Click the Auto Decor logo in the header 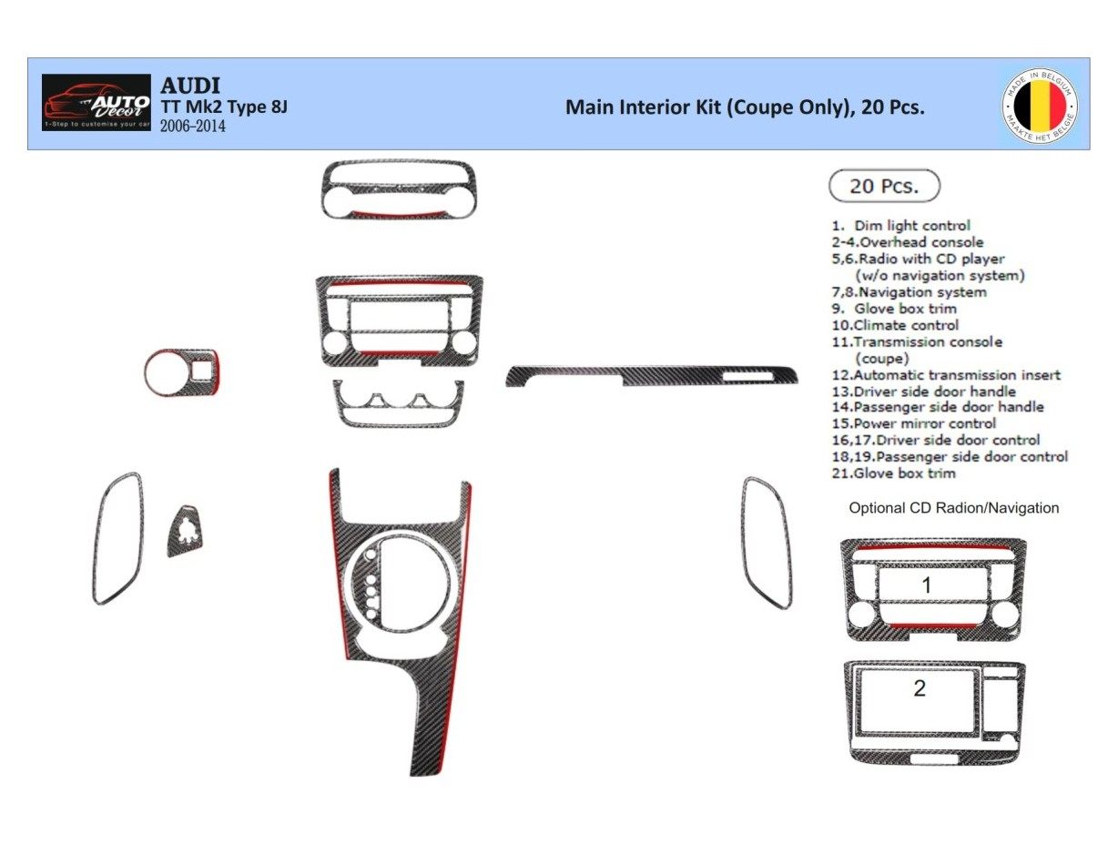click(x=97, y=102)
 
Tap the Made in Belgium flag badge click(x=1039, y=103)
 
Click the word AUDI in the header click(x=190, y=86)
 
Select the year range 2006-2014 click(x=192, y=127)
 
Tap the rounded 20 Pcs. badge click(x=883, y=186)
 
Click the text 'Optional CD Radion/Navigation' click(x=953, y=508)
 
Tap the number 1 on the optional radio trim click(x=926, y=585)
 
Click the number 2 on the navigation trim click(x=919, y=688)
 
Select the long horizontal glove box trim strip click(x=652, y=374)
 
